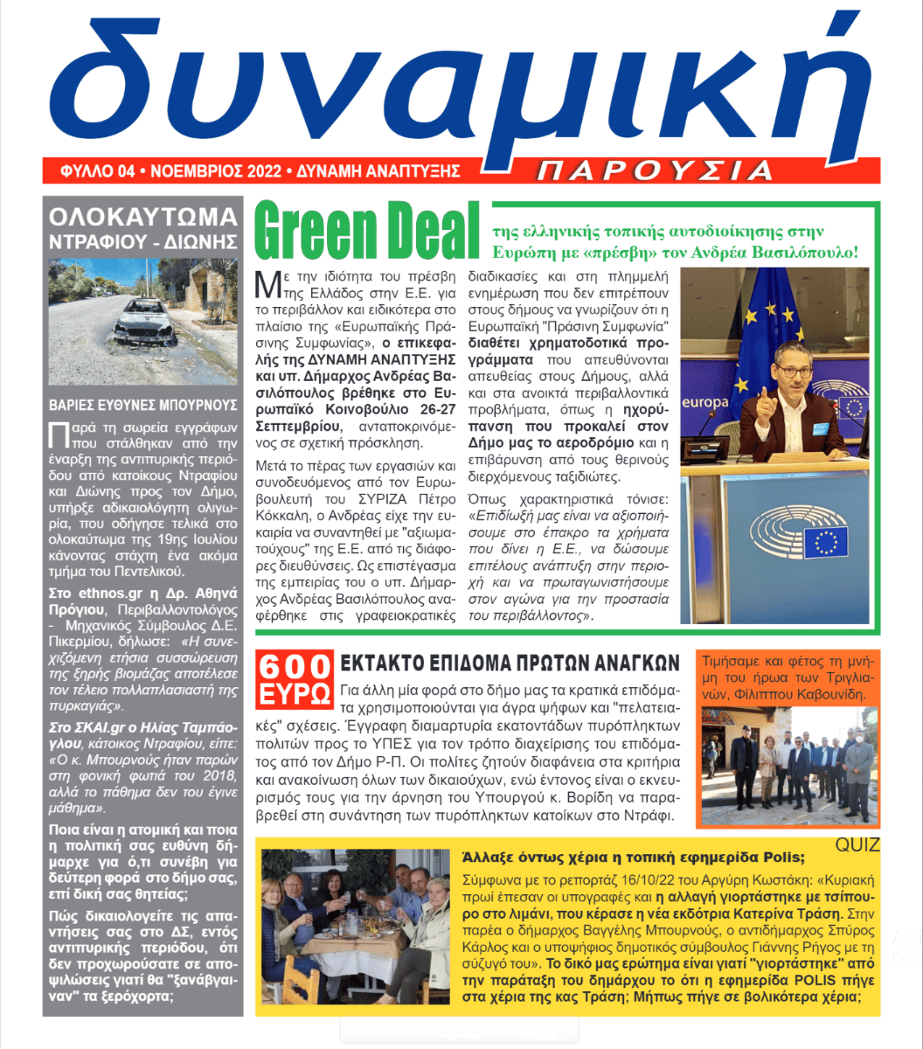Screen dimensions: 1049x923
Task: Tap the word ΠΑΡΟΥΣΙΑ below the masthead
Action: (655, 170)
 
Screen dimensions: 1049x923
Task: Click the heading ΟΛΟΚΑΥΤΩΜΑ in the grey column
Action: (142, 216)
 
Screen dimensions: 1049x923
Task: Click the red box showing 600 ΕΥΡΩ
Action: (294, 678)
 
